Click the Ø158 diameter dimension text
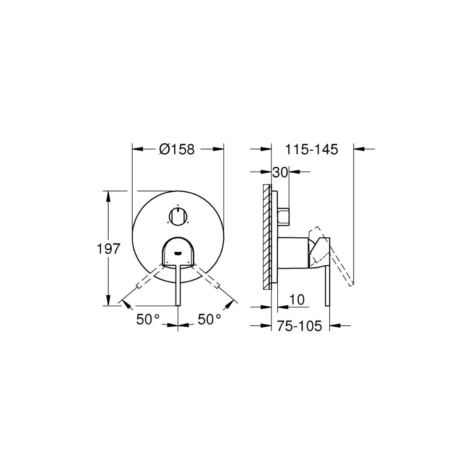point(177,149)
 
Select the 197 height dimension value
point(108,249)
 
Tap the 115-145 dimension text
point(312,149)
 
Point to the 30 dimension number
point(280,172)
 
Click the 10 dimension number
point(297,300)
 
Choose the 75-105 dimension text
point(299,326)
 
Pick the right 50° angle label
point(209,319)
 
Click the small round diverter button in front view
point(178,216)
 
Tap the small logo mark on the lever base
point(178,253)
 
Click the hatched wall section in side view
point(267,236)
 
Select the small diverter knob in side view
point(284,216)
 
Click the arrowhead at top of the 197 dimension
point(108,195)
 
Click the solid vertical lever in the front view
point(178,285)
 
